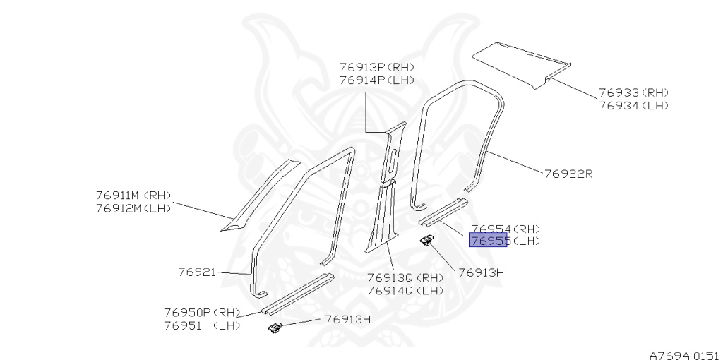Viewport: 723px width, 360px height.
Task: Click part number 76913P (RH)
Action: click(x=376, y=67)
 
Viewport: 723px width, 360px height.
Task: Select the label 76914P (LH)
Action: click(x=376, y=80)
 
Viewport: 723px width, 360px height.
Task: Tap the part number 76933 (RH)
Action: click(x=633, y=92)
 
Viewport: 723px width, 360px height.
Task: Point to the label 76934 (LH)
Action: click(x=633, y=105)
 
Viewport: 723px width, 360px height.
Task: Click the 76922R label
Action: click(x=568, y=173)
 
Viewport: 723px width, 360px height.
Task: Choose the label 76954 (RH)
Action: click(x=505, y=229)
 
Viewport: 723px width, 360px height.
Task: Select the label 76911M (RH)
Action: click(x=133, y=196)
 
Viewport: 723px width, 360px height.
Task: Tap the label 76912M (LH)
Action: click(x=133, y=208)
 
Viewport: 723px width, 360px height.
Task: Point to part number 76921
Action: click(x=196, y=271)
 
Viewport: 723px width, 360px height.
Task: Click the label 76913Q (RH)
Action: click(x=405, y=277)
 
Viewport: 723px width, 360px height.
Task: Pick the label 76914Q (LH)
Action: click(x=405, y=290)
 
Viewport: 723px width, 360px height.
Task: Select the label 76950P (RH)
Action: click(x=202, y=313)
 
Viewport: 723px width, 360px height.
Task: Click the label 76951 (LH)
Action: click(x=202, y=325)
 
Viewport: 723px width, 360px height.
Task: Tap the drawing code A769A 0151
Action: click(x=683, y=354)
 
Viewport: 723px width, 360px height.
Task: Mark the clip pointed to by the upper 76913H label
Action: click(x=427, y=241)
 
